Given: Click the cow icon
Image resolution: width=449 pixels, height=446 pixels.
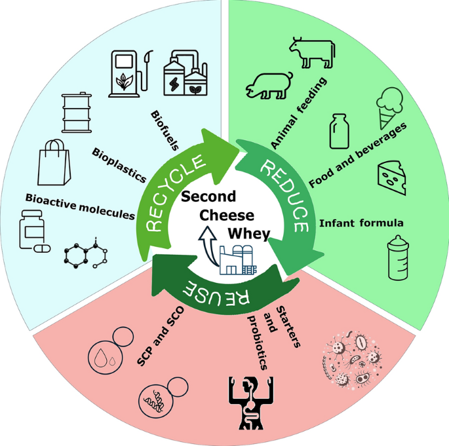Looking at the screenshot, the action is [x=312, y=53].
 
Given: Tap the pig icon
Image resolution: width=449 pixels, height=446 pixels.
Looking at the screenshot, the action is [x=269, y=86].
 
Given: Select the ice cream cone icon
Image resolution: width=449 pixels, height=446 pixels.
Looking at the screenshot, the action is [x=389, y=107].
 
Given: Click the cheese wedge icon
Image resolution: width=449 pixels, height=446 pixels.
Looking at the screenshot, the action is [x=392, y=177].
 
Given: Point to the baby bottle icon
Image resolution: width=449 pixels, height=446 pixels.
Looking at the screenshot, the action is [x=398, y=257].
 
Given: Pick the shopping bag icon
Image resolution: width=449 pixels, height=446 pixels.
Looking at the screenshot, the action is [x=54, y=162].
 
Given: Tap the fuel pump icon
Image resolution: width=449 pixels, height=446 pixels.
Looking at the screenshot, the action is [x=130, y=74].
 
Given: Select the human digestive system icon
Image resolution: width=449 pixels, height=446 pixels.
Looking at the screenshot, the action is [x=251, y=403].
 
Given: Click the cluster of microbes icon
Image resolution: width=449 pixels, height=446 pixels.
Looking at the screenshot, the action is [x=352, y=360].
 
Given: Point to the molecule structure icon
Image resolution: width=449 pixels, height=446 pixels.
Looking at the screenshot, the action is [x=86, y=253].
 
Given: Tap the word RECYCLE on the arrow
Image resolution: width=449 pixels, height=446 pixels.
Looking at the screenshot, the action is [x=175, y=193].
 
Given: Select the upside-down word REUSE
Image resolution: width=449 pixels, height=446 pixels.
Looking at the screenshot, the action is [x=216, y=294].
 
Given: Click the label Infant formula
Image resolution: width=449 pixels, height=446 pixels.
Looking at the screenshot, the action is [x=361, y=223].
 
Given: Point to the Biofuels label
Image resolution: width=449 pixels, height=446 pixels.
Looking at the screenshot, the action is [x=165, y=130].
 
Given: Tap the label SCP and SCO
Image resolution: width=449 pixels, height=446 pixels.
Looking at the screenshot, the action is [x=160, y=336].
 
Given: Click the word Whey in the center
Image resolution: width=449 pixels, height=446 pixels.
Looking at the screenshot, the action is [x=249, y=234].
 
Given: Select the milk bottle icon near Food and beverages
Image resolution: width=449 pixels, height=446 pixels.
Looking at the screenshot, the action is [x=339, y=131].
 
